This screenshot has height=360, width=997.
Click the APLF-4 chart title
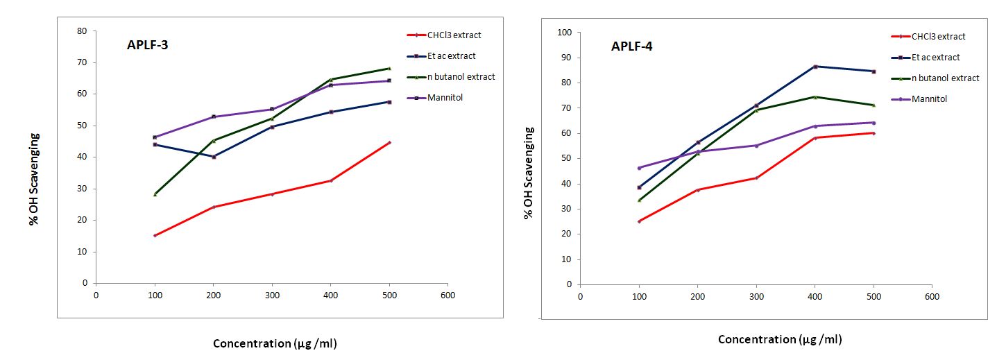[x=631, y=47]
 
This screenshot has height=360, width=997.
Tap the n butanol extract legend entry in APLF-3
[x=460, y=76]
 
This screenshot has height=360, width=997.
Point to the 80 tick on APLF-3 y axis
[x=82, y=31]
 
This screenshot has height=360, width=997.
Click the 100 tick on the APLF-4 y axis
[x=565, y=33]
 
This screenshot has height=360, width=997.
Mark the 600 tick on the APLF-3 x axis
[x=448, y=295]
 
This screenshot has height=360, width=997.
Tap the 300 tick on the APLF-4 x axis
[x=756, y=296]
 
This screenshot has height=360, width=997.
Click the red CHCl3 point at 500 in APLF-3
[x=389, y=142]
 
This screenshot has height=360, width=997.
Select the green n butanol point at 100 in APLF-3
[x=155, y=194]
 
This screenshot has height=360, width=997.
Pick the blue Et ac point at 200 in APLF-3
[x=214, y=157]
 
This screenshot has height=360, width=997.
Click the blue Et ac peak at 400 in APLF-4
[x=815, y=67]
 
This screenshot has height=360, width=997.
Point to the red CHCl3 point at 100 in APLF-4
[x=640, y=221]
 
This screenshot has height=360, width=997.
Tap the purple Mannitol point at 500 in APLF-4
[x=874, y=123]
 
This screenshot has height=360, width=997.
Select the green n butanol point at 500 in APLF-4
[x=874, y=105]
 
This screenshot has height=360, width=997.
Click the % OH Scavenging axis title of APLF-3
[x=33, y=179]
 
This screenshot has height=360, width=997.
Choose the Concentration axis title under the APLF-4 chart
[x=780, y=339]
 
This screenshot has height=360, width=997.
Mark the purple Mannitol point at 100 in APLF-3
[x=155, y=137]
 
